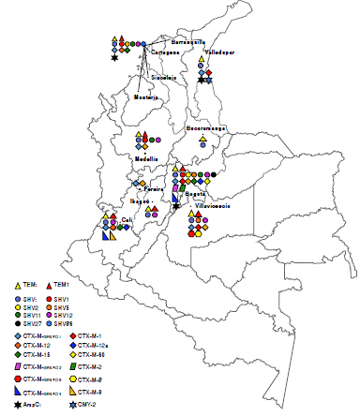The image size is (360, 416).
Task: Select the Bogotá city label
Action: coord(196,194)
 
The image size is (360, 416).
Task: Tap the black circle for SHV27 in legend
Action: coord(20,323)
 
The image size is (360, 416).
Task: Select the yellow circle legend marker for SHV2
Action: coord(20,306)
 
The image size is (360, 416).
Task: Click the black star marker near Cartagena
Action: coord(114,59)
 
